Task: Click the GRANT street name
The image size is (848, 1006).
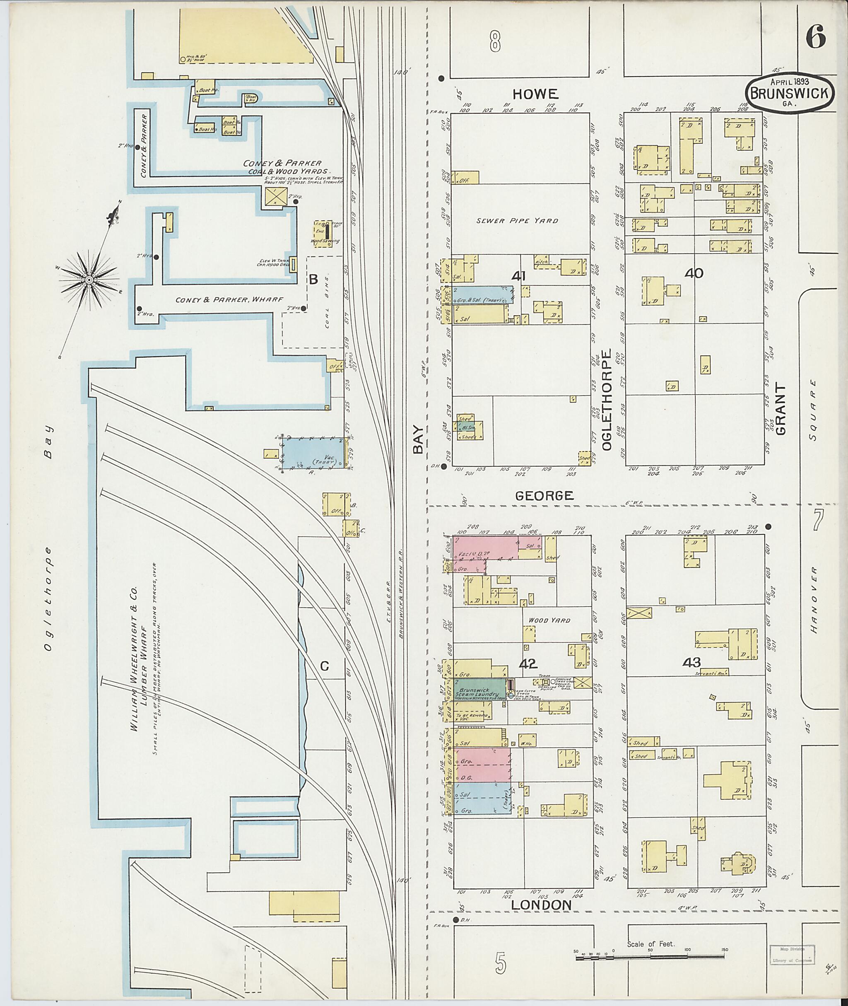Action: [x=780, y=409]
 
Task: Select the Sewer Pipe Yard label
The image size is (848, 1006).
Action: [x=517, y=221]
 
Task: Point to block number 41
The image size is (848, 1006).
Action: [x=519, y=276]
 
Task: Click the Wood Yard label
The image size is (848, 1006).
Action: [x=549, y=620]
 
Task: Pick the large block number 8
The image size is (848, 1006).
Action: [x=495, y=41]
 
